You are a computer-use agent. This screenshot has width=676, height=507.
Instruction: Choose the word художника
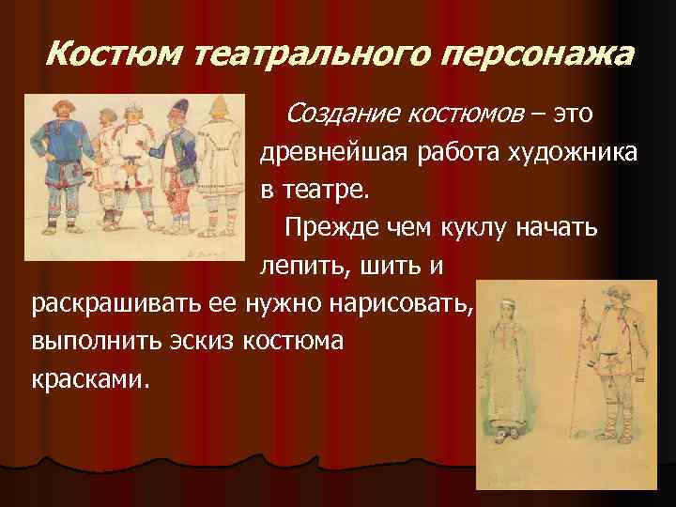pyautogui.click(x=563, y=154)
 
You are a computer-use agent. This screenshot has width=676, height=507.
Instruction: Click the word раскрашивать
pyautogui.click(x=132, y=304)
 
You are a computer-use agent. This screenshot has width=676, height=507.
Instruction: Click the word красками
pyautogui.click(x=90, y=379)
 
